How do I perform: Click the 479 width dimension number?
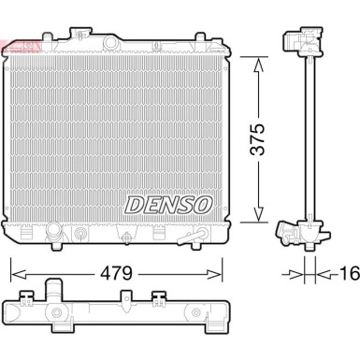tap(115, 274)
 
